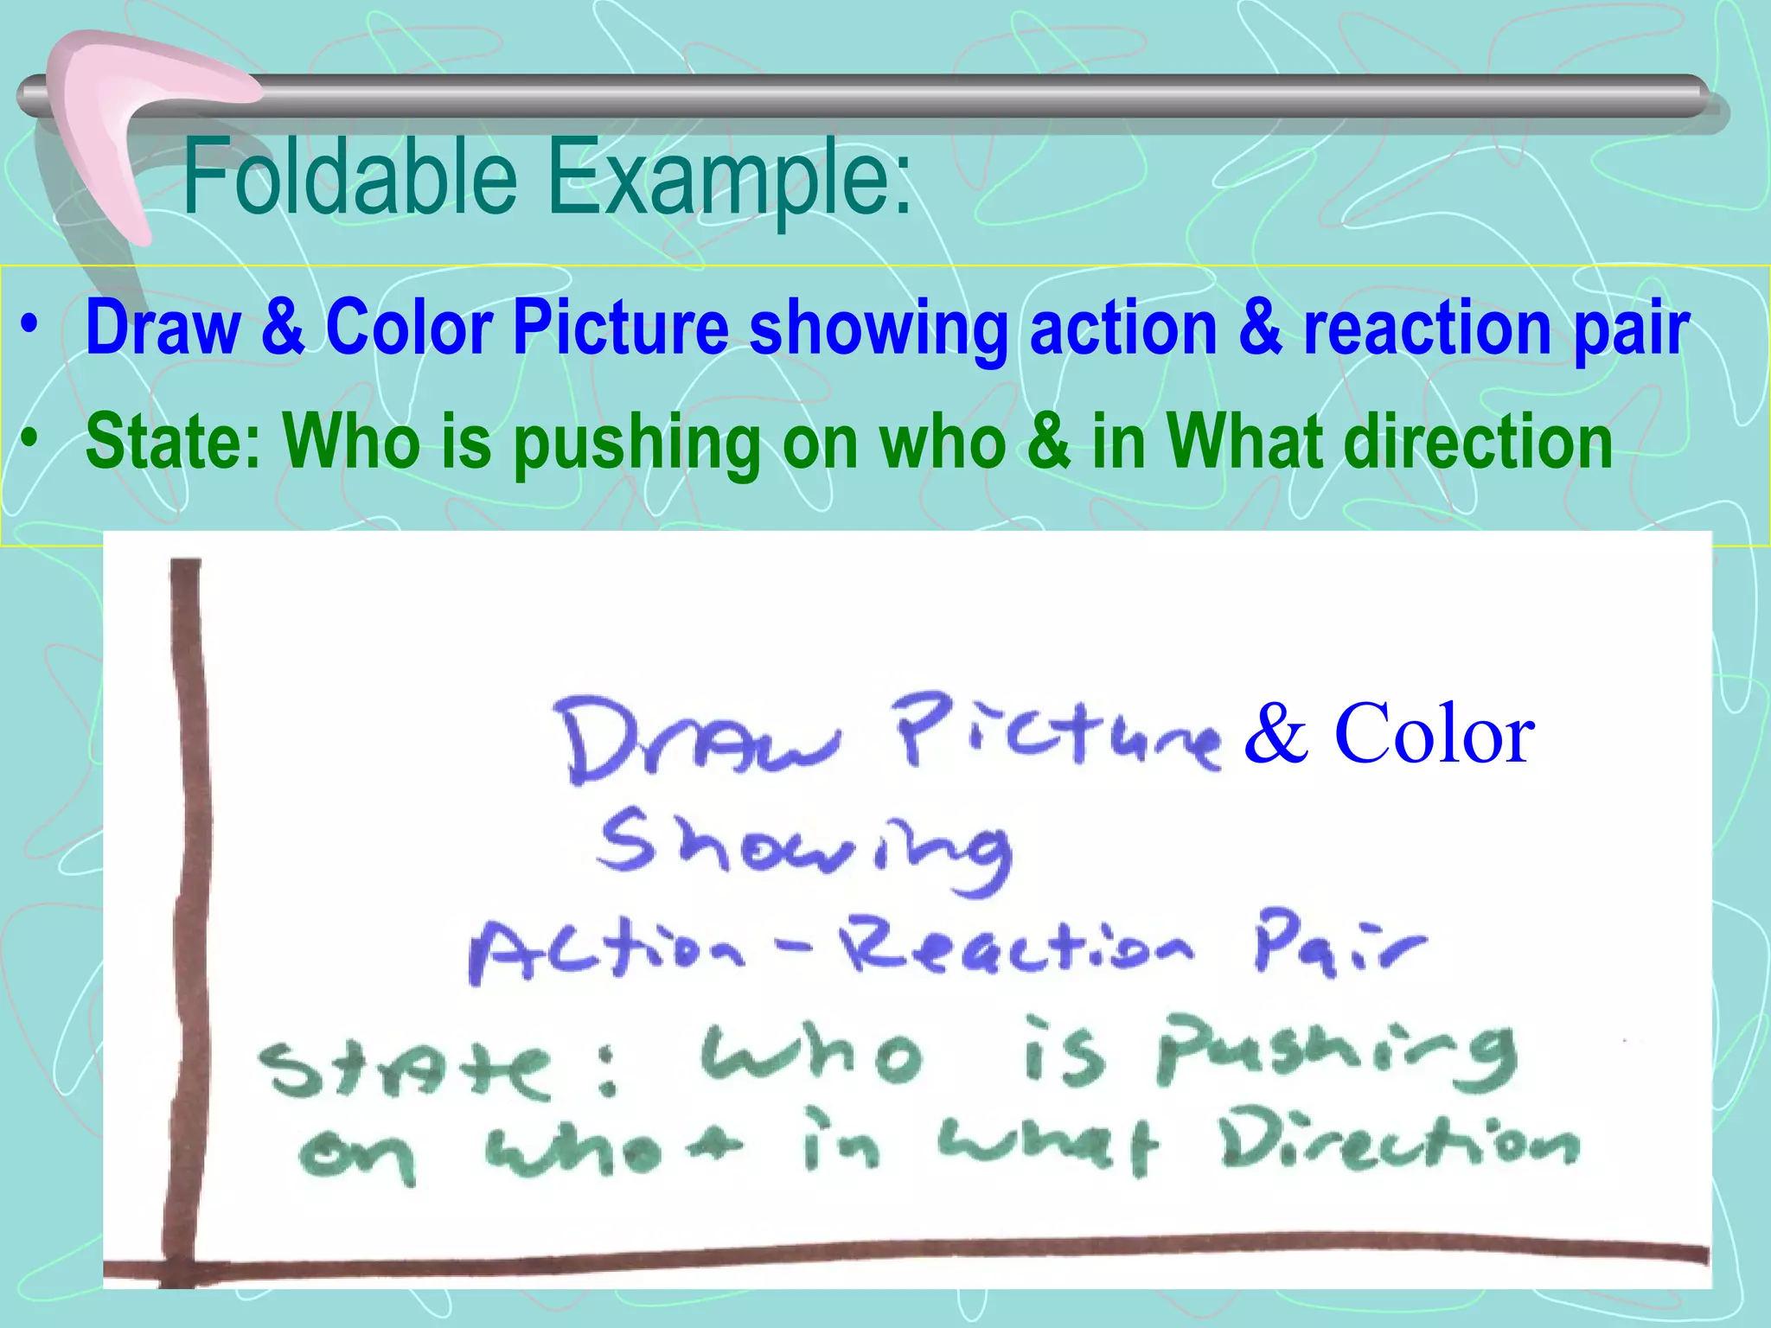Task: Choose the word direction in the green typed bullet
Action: [x=1479, y=441]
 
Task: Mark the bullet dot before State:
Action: [x=31, y=439]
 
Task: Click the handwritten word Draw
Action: [x=696, y=739]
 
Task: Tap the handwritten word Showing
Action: [x=804, y=851]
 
